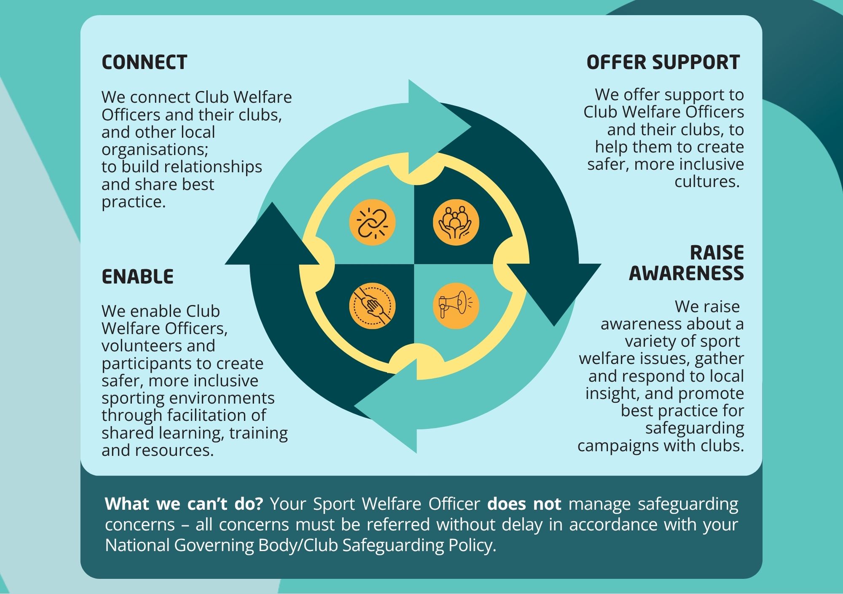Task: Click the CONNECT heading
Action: pyautogui.click(x=144, y=62)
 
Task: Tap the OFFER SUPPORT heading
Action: pyautogui.click(x=663, y=62)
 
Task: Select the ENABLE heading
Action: pyautogui.click(x=137, y=277)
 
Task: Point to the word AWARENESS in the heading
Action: pyautogui.click(x=686, y=273)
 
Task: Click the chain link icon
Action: pyautogui.click(x=372, y=222)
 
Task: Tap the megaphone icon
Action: pyautogui.click(x=456, y=306)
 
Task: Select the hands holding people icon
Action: pyautogui.click(x=456, y=222)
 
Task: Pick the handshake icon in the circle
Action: pyautogui.click(x=372, y=306)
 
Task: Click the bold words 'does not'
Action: pyautogui.click(x=524, y=504)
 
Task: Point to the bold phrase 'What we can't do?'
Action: pyautogui.click(x=184, y=504)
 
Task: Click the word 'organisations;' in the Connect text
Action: pyautogui.click(x=155, y=150)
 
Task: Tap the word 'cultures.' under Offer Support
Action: pyautogui.click(x=707, y=182)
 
